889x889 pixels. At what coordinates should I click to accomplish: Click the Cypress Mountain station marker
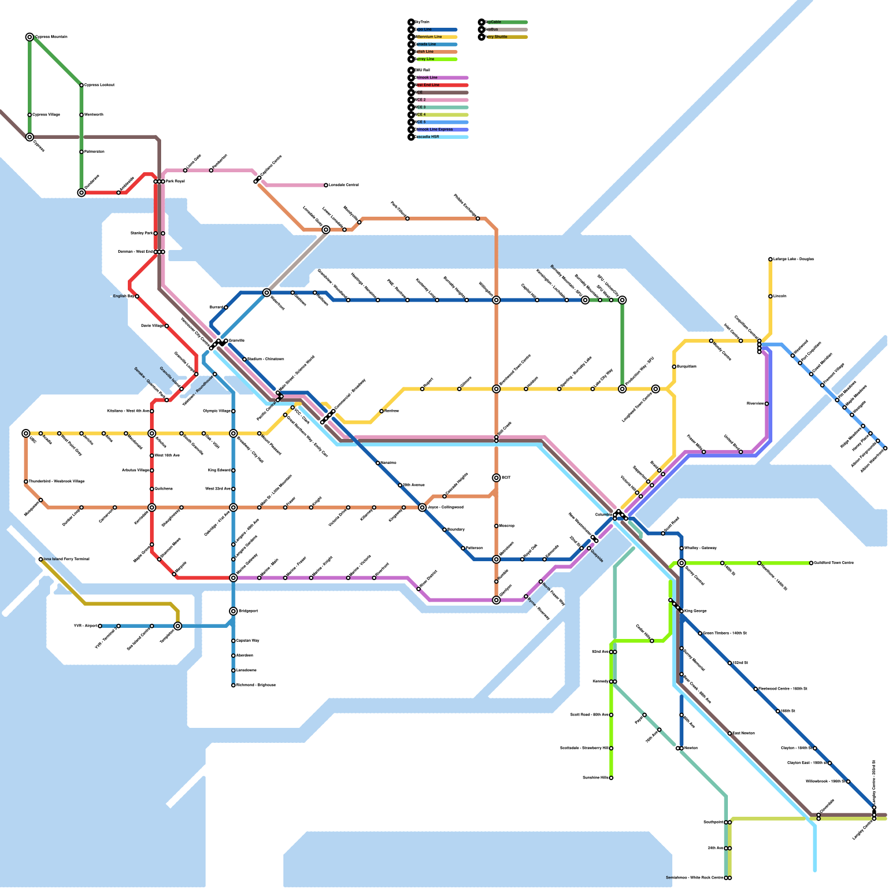29,37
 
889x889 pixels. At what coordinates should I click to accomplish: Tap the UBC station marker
26,433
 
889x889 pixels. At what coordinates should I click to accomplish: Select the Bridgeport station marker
233,611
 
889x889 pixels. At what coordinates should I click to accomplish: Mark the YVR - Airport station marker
100,626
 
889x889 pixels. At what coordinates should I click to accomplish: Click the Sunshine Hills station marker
611,778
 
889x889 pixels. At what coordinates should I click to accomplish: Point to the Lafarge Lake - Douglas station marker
770,259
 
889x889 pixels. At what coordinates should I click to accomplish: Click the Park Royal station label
175,181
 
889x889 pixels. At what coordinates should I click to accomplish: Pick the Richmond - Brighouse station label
256,685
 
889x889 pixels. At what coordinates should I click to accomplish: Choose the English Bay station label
123,296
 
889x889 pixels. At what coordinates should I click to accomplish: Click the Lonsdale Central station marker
326,185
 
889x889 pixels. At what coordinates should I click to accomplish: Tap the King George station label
696,611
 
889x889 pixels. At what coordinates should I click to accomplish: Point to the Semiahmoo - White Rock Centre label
695,878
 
